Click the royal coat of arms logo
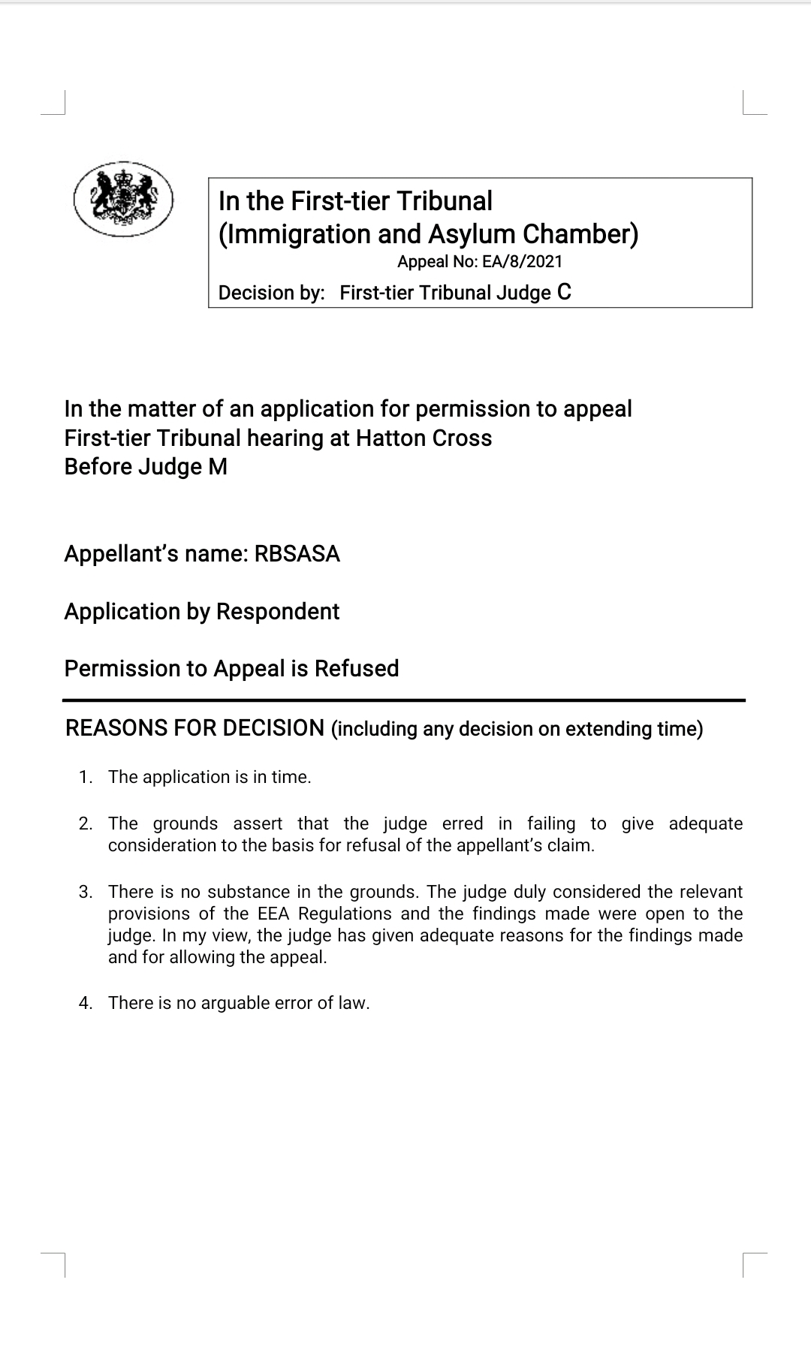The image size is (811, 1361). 124,199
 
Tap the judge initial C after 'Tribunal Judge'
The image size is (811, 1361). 564,292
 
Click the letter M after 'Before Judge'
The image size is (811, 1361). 218,467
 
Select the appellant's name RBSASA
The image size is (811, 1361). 297,554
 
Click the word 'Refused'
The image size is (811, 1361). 357,669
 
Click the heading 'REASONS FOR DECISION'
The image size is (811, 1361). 194,728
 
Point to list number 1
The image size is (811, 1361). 85,777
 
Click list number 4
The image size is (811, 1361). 85,1003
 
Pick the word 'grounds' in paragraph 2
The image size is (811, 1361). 185,824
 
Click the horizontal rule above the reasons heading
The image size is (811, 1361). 404,700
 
